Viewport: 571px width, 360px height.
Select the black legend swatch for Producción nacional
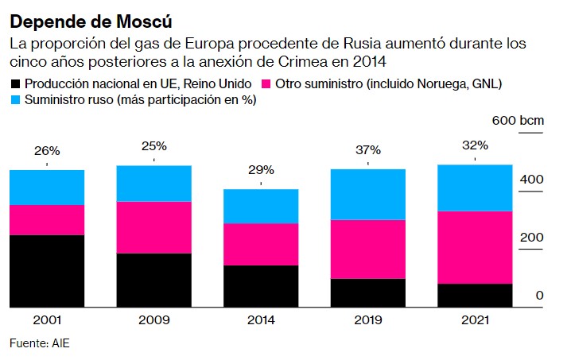coord(15,83)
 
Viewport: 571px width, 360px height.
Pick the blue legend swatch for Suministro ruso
coord(15,100)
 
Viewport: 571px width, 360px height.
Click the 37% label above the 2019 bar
coord(368,149)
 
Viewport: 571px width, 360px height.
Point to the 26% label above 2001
coord(47,149)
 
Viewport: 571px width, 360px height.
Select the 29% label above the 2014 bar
coord(261,169)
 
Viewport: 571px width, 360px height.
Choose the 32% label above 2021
coord(475,145)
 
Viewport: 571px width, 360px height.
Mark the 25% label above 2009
coord(153,145)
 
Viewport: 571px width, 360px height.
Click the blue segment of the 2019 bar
coord(368,194)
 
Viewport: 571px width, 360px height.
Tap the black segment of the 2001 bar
coord(47,270)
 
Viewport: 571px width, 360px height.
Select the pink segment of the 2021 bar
coord(475,247)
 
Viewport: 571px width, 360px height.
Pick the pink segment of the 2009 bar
coord(153,227)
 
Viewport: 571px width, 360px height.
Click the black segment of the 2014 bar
coord(261,285)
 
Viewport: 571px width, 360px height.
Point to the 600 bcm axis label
coord(518,120)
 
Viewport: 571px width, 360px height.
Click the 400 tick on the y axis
coord(532,179)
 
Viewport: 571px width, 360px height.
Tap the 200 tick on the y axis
coord(532,238)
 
